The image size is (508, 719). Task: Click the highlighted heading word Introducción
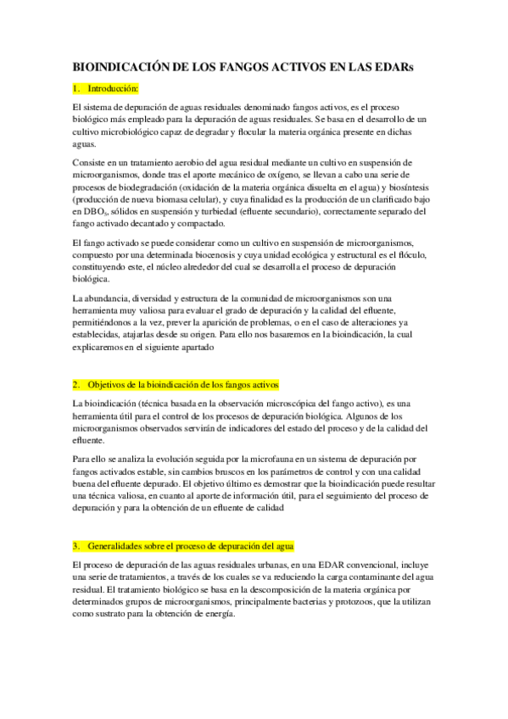[114, 88]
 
